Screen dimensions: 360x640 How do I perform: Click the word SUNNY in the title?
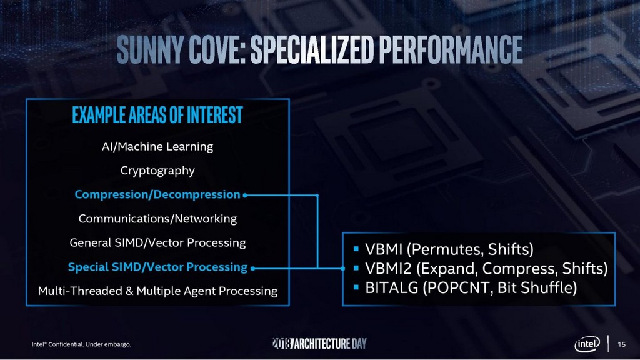click(149, 48)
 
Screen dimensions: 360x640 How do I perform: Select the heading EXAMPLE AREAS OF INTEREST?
click(157, 116)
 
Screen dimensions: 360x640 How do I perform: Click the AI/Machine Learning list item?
click(157, 147)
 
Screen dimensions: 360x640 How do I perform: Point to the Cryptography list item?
click(157, 171)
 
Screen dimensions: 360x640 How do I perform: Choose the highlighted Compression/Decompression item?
click(157, 194)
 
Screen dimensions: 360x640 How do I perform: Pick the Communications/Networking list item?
click(157, 219)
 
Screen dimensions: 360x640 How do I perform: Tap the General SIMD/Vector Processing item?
click(157, 242)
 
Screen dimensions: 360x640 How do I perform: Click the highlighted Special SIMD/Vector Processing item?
click(157, 267)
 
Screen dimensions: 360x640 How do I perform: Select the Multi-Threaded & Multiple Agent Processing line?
click(157, 291)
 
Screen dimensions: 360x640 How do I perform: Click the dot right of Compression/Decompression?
click(246, 195)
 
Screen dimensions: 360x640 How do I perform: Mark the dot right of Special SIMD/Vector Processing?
click(252, 267)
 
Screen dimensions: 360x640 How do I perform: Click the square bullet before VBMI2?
click(356, 269)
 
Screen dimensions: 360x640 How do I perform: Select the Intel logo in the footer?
click(587, 344)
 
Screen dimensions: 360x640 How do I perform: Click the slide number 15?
click(621, 344)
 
